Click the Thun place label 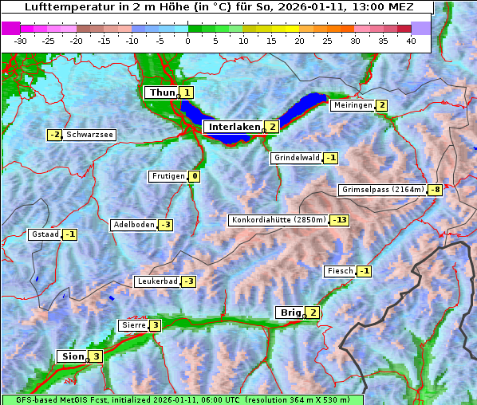coord(161,92)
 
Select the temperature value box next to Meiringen coord(381,105)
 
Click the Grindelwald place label coord(296,158)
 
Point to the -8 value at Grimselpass coord(435,190)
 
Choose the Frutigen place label coord(168,176)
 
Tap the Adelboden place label coord(133,225)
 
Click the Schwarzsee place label coord(89,135)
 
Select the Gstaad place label coord(45,234)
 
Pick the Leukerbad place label coord(156,281)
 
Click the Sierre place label coord(132,325)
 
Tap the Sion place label coord(72,356)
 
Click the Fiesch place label coord(339,271)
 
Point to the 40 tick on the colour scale coord(410,40)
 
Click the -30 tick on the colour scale coord(21,40)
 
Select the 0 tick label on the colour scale coord(187,40)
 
